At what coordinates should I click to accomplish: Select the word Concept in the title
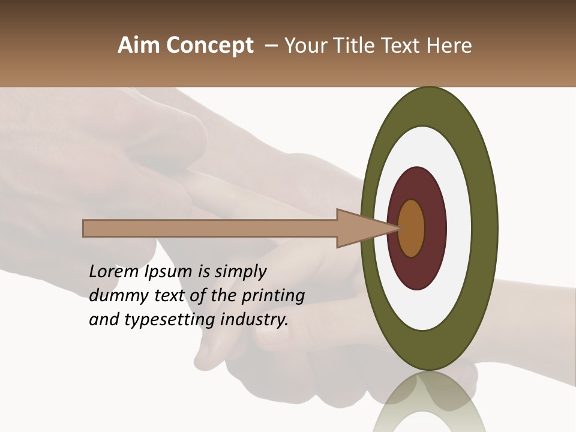pos(210,46)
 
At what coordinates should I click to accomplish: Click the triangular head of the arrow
pos(360,228)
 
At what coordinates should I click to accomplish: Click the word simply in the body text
pos(240,272)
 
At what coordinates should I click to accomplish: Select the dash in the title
pos(271,46)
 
